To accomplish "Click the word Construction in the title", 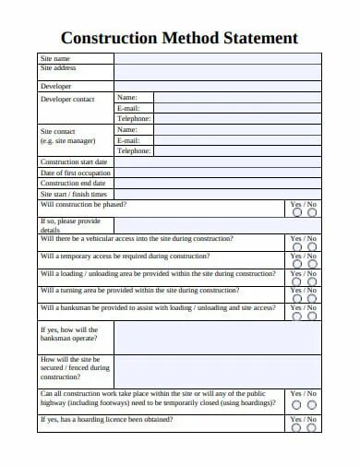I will [102, 39].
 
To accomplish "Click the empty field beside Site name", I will [218, 57].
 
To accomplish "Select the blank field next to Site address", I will [218, 71].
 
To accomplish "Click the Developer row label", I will [55, 86].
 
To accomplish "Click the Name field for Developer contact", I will [237, 97].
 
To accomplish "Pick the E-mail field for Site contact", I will [237, 140].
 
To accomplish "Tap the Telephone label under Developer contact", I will [134, 118].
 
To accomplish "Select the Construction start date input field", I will [218, 161].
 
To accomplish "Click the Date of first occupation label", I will [76, 173].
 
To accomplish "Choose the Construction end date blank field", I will [218, 184].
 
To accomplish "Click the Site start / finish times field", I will [218, 195].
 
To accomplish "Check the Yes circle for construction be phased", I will [296, 212].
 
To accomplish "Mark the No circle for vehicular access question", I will [312, 247].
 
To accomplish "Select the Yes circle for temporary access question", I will [296, 265].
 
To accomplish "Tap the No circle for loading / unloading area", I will [312, 282].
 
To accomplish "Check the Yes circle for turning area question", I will [296, 299].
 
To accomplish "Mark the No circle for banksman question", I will [312, 317].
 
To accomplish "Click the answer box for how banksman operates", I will [218, 338].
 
